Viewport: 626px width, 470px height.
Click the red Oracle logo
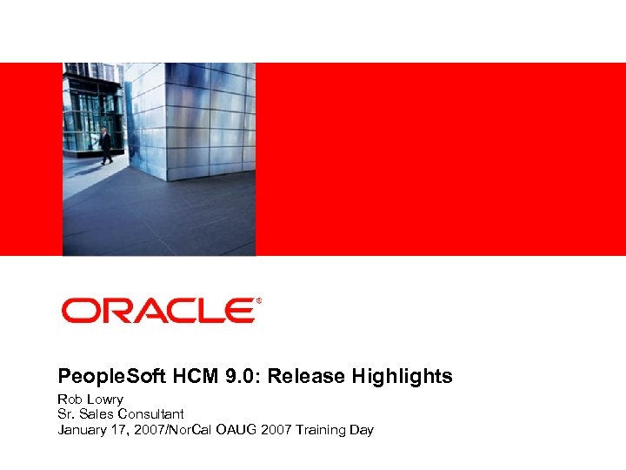click(x=156, y=311)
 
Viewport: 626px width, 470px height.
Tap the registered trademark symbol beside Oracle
click(x=258, y=302)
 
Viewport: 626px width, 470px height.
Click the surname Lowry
click(x=104, y=399)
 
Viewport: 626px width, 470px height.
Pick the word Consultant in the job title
click(x=153, y=414)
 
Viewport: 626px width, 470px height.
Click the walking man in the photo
click(x=105, y=146)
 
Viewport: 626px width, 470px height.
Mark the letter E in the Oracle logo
click(x=236, y=311)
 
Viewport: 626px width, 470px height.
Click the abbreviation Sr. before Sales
click(x=67, y=414)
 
